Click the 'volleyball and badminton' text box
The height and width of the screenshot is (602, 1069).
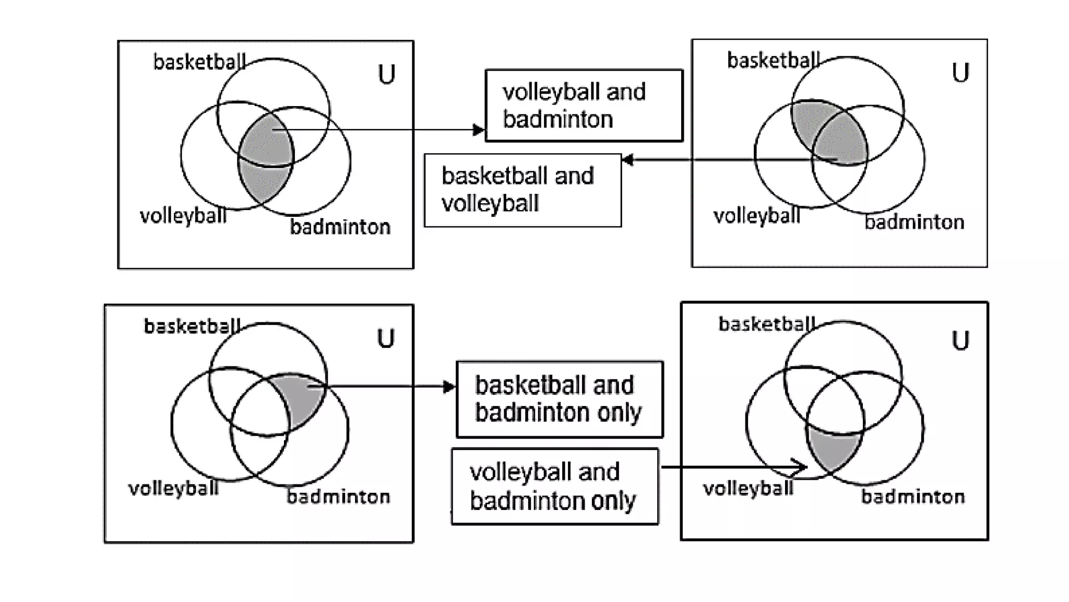[x=584, y=106]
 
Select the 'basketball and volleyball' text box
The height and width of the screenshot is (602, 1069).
[x=522, y=190]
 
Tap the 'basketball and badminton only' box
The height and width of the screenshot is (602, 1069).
[x=560, y=399]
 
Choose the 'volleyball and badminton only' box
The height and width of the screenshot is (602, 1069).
[x=555, y=487]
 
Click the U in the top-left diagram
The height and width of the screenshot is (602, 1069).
[x=386, y=75]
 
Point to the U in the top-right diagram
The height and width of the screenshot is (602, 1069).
[x=960, y=73]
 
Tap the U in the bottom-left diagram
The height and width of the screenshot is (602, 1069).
[x=386, y=339]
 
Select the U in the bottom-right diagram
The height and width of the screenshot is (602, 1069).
[x=960, y=341]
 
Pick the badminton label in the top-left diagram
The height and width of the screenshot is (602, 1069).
[x=340, y=227]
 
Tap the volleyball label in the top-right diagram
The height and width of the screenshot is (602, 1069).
[x=756, y=216]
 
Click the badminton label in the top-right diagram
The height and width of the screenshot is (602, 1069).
[x=914, y=223]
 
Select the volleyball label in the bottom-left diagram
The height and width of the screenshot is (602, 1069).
[x=173, y=489]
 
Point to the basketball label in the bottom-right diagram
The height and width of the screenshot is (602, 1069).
[x=767, y=325]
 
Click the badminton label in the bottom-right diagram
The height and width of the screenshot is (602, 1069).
[x=912, y=496]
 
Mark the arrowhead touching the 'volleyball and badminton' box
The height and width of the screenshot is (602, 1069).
[x=478, y=130]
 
